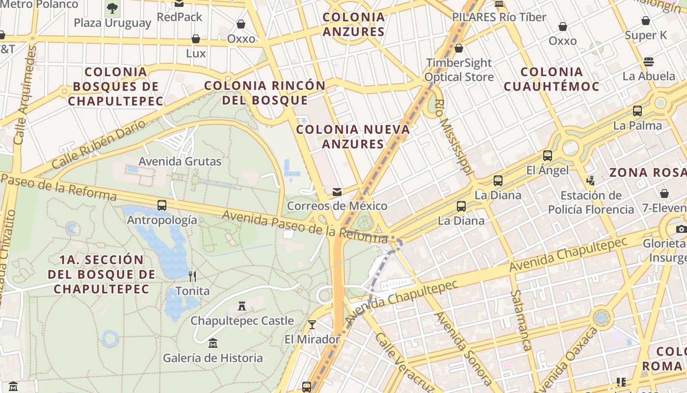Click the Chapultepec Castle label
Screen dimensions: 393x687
[x=242, y=321]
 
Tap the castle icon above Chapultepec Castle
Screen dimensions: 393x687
[x=241, y=306]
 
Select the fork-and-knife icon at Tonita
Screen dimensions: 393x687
[x=192, y=277]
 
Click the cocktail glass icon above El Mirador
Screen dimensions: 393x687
[x=312, y=324]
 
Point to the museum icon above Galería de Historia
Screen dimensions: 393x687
[x=212, y=343]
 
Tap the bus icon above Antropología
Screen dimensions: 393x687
[x=162, y=205]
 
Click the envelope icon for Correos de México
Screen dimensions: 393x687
[x=337, y=192]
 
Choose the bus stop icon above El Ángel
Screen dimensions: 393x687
[x=548, y=156]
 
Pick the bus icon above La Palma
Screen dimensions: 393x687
[x=637, y=111]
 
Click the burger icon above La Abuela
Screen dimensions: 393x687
[x=649, y=62]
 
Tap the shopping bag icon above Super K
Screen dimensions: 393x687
[x=646, y=21]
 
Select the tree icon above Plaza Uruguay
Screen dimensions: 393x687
[x=112, y=8]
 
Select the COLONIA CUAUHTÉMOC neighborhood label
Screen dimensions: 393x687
[x=552, y=79]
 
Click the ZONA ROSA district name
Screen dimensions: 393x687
[x=647, y=172]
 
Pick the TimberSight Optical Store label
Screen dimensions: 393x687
[x=459, y=70]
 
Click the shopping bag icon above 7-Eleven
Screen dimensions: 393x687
[x=664, y=194]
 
